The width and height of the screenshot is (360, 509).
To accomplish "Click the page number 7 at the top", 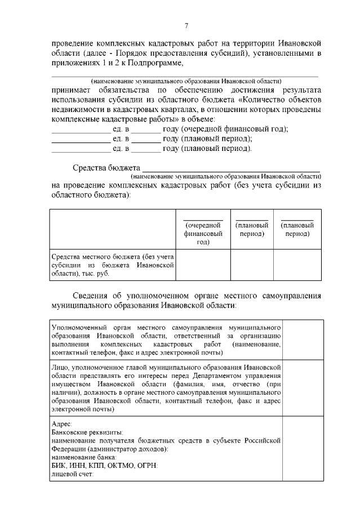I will tap(186, 25).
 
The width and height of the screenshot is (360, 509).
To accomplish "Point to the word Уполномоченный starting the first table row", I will tap(81, 327).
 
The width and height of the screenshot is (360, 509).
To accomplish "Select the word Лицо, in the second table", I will tap(60, 367).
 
